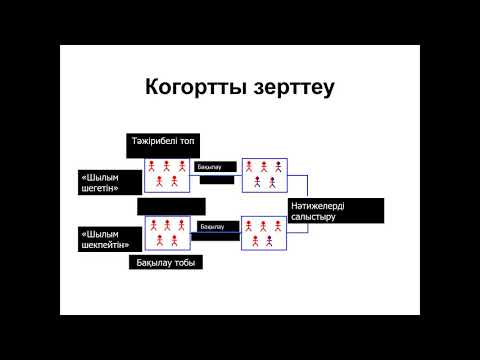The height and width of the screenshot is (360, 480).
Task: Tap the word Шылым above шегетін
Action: pos(104,176)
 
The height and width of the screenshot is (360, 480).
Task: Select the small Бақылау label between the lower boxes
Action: pos(212,227)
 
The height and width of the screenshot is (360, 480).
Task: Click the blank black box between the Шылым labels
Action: pos(171,206)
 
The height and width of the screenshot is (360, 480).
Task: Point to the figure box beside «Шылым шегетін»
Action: pos(167,174)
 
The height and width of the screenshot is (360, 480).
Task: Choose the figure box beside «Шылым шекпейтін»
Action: pos(167,233)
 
